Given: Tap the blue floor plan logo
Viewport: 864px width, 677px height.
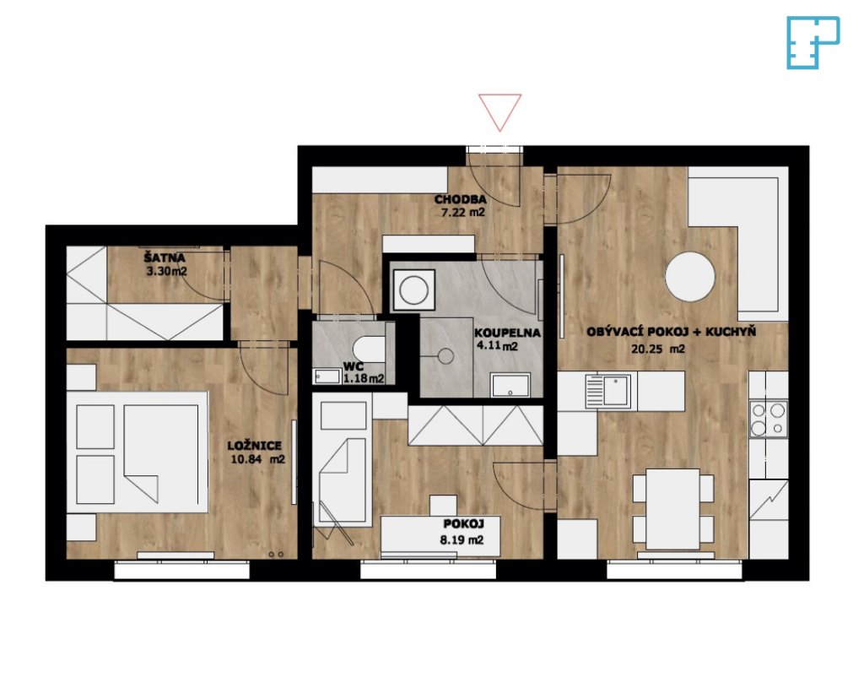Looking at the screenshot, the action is [x=813, y=42].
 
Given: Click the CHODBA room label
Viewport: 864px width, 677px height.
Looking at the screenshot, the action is [x=460, y=199].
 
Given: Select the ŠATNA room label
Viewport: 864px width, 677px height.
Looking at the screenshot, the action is [x=165, y=257].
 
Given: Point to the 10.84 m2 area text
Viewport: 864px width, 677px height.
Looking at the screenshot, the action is [x=257, y=459].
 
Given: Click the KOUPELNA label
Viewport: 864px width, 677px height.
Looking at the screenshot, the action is [x=507, y=333].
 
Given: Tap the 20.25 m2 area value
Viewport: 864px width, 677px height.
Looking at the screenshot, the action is [x=658, y=349].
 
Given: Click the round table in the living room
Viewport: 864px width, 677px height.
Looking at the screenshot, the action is [x=690, y=276].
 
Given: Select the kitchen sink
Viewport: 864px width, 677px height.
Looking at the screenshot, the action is [x=607, y=391].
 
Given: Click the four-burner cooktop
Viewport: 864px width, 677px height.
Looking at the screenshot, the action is [x=768, y=419].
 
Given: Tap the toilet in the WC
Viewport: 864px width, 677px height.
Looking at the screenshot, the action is [x=369, y=349].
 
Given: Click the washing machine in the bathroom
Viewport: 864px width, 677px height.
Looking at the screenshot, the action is [x=413, y=290].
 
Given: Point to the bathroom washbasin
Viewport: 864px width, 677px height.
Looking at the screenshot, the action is [x=510, y=385].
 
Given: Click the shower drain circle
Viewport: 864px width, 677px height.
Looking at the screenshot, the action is [x=445, y=356].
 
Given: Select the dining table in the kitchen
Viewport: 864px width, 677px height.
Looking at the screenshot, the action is [x=672, y=509].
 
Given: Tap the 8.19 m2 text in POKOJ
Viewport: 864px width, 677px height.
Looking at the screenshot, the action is [x=462, y=540].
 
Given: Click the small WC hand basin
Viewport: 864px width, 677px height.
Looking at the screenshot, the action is [x=327, y=376].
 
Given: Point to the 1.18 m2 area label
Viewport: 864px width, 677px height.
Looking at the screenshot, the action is [x=364, y=379].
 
